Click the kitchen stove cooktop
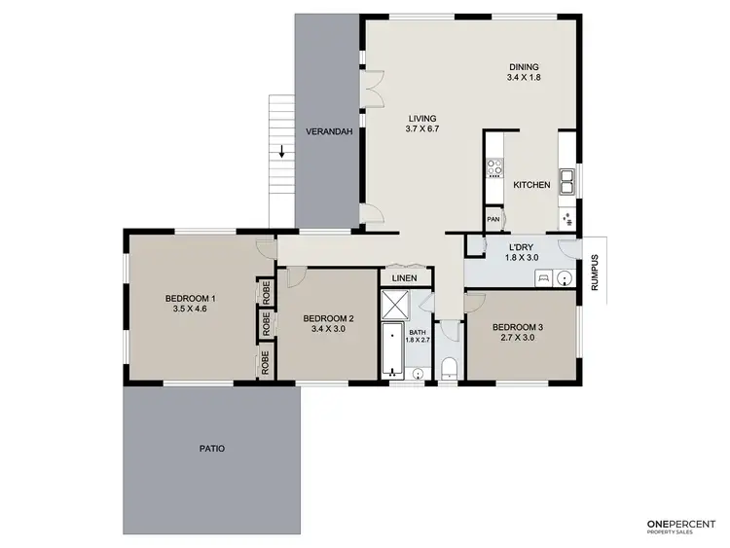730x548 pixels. coord(493,168)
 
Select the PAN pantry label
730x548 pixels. coord(493,220)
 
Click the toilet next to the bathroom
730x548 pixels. coord(449,367)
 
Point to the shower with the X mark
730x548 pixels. coord(395,307)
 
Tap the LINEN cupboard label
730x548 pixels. coord(404,278)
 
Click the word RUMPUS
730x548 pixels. coord(594,273)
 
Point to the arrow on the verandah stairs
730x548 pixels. coord(281,151)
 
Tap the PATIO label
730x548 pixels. coord(211,449)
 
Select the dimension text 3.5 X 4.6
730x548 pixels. coord(190,309)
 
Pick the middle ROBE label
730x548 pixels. coord(265,323)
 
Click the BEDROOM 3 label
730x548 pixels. coord(518,327)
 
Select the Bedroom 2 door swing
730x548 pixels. coord(295,276)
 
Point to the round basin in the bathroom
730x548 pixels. coord(418,372)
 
